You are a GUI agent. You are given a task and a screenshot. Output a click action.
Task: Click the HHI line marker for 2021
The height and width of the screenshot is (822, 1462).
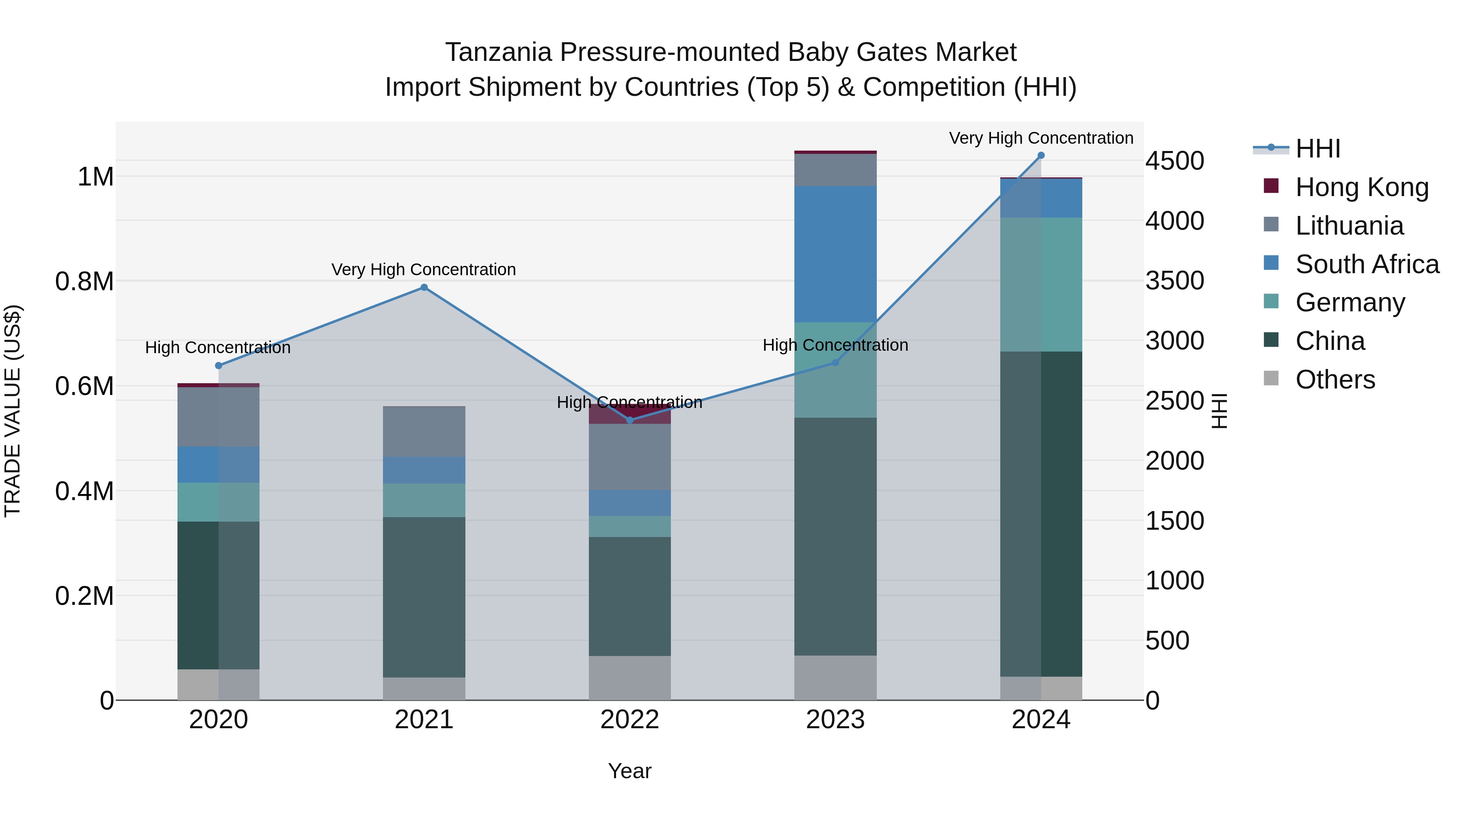pos(424,288)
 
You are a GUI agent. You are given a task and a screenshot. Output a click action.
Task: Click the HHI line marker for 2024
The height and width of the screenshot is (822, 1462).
pos(1041,155)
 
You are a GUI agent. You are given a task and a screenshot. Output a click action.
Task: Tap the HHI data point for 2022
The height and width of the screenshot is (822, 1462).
pos(629,420)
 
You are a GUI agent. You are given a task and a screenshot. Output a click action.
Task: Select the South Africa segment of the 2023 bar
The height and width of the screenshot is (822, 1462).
pos(835,254)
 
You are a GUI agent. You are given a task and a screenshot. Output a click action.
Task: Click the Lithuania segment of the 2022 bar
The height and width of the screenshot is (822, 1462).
pos(629,457)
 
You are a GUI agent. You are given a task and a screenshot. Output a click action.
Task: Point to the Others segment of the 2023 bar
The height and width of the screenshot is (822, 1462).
pos(835,677)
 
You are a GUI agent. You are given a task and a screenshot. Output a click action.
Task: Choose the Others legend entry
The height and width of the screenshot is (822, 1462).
pos(1335,380)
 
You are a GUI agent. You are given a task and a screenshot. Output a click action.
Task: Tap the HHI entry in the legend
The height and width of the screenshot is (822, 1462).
pos(1318,149)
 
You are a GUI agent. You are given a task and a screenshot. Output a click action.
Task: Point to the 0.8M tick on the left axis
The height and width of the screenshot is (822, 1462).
pos(84,281)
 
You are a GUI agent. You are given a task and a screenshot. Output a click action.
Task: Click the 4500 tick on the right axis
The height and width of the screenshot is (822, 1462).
pos(1174,161)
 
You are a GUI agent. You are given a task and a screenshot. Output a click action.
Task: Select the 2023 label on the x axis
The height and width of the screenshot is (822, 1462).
pos(835,720)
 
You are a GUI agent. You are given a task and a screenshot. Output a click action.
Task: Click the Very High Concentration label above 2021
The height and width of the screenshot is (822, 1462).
pos(424,270)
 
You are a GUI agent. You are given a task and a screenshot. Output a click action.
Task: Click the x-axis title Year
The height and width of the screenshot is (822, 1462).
pos(629,771)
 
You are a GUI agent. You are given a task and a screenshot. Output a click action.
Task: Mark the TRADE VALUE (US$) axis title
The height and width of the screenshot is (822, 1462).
pos(13,411)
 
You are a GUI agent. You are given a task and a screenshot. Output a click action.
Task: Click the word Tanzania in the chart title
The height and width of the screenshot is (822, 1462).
pos(498,52)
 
